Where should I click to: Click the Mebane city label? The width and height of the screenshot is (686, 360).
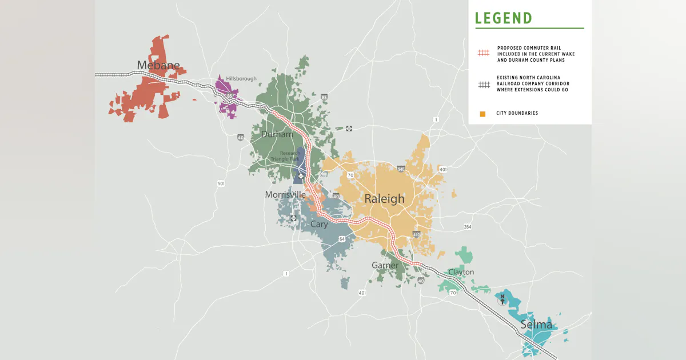pos(158,65)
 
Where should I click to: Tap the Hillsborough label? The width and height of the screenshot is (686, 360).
pos(241,78)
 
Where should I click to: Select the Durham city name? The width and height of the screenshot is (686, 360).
pos(277,134)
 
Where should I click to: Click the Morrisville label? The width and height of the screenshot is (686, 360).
pos(285,195)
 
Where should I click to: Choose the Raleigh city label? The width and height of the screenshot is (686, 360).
pos(384,199)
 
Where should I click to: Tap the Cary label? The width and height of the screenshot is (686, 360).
pos(319,225)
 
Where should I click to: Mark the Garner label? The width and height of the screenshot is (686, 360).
pos(385,266)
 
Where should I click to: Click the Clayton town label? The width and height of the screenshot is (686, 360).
pos(461,272)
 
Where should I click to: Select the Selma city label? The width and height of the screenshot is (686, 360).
pos(536,325)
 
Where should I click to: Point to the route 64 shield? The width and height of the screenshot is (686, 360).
pos(341,239)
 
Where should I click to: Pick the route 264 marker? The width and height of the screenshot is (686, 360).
pos(468,227)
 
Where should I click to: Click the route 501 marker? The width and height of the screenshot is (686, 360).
pos(221,183)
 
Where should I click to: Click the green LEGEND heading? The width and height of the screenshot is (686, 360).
pos(503,18)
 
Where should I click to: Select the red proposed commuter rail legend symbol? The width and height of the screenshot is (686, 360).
pos(484,53)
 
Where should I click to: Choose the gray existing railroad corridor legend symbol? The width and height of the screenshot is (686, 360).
pos(484,84)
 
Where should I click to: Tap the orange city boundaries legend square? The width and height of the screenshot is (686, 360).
pos(482,114)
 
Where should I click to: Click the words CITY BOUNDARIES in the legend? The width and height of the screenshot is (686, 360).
pos(517,113)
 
